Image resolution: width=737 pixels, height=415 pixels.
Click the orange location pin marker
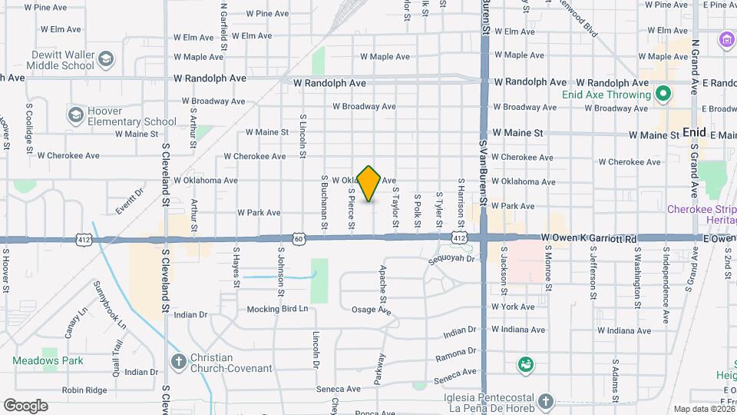369,183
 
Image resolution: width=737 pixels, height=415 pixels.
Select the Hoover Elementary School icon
75,116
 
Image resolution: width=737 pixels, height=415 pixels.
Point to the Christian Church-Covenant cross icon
178,362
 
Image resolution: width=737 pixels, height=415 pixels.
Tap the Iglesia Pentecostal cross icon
544,402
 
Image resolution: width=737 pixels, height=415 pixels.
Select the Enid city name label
694,133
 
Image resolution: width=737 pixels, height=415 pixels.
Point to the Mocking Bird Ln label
277,309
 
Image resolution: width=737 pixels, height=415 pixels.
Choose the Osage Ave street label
372,311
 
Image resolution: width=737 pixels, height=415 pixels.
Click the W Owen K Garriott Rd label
590,239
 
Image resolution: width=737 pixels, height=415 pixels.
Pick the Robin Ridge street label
84,390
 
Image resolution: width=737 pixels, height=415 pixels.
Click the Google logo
25,406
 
